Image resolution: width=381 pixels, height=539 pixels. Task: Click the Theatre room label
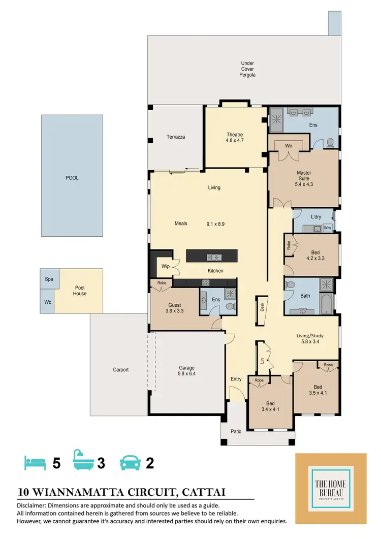[235, 137]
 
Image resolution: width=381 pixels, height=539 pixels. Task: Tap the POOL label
[72, 178]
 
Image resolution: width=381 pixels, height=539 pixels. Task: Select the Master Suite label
[304, 178]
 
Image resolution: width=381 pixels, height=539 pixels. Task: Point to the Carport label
[120, 370]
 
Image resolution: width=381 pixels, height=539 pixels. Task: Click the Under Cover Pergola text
[247, 69]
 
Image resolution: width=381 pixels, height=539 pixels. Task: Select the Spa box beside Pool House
[49, 279]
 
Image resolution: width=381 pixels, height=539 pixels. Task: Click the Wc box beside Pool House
[49, 303]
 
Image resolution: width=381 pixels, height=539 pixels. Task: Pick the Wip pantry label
[165, 266]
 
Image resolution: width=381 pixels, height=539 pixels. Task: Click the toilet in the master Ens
[330, 142]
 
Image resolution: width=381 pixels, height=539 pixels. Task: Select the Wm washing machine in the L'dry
[327, 228]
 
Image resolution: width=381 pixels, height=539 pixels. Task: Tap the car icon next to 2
[130, 463]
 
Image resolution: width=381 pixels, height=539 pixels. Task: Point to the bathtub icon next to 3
[83, 462]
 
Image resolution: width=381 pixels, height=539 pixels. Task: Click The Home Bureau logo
[331, 488]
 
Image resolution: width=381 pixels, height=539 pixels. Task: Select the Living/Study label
[310, 339]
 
